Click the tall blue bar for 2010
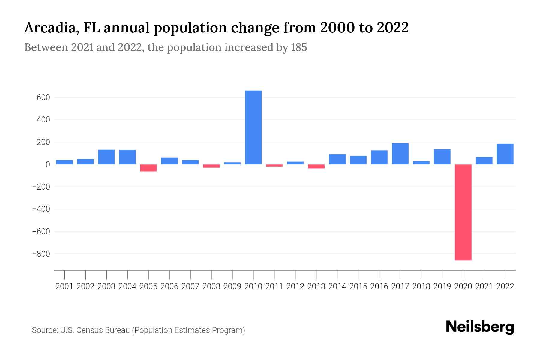pyautogui.click(x=253, y=127)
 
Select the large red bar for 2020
pyautogui.click(x=463, y=212)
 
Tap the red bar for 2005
pyautogui.click(x=148, y=168)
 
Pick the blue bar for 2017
pyautogui.click(x=400, y=154)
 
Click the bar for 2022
pyautogui.click(x=505, y=154)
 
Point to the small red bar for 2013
pyautogui.click(x=316, y=166)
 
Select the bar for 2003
pyautogui.click(x=106, y=157)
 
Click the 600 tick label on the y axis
pyautogui.click(x=43, y=97)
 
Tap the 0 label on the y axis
pyautogui.click(x=48, y=164)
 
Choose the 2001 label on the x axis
pyautogui.click(x=64, y=286)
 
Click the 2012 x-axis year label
pyautogui.click(x=295, y=286)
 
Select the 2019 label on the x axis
pyautogui.click(x=442, y=286)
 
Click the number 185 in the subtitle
pyautogui.click(x=299, y=47)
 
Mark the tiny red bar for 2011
pyautogui.click(x=274, y=165)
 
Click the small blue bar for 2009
pyautogui.click(x=232, y=163)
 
